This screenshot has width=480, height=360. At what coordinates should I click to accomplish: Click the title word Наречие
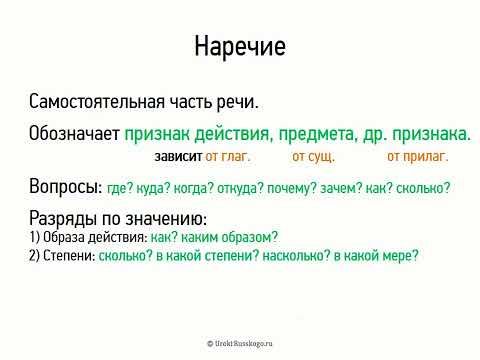(x=239, y=46)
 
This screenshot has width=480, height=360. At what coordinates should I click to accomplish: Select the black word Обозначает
(x=74, y=133)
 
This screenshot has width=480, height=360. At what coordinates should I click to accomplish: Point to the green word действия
(x=234, y=133)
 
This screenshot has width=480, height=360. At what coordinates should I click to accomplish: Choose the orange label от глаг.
(x=228, y=156)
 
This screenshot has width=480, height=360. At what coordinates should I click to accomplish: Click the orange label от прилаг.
(x=416, y=156)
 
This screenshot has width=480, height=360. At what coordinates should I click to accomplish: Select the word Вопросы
(x=65, y=187)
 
